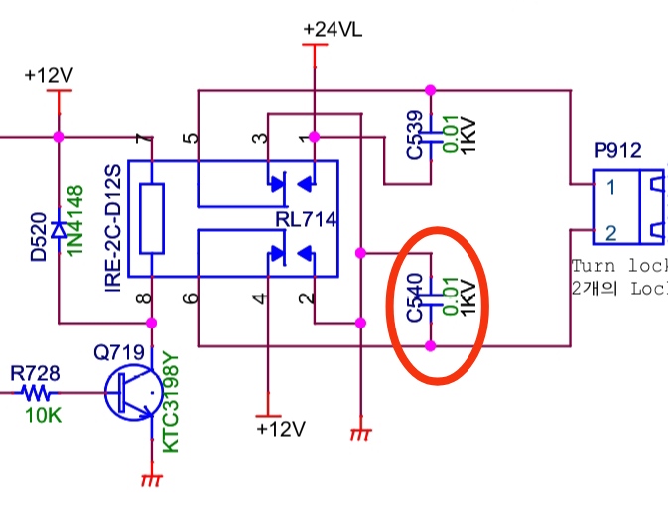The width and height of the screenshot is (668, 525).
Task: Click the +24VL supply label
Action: [x=333, y=29]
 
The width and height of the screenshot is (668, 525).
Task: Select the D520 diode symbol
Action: [x=60, y=230]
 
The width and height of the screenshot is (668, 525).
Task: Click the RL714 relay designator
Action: [x=307, y=216]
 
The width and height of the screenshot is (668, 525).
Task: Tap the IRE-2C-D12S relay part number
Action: [x=112, y=227]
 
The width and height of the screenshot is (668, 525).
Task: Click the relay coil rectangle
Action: [x=151, y=217]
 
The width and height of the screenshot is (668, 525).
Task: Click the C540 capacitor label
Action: [x=415, y=299]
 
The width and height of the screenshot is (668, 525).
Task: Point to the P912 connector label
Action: [x=617, y=151]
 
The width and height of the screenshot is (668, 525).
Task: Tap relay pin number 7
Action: [x=149, y=140]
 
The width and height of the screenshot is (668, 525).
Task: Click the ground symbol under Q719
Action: [x=151, y=481]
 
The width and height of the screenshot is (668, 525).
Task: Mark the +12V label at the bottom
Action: [x=280, y=429]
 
